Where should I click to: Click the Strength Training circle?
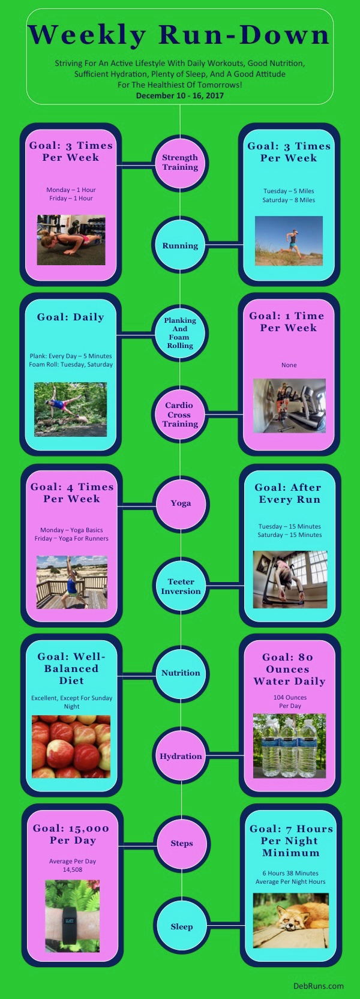click(180, 163)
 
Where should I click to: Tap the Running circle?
click(180, 245)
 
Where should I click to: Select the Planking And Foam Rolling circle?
click(180, 333)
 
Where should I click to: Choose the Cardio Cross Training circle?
click(179, 415)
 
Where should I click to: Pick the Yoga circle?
click(181, 503)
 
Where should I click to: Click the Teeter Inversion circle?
click(181, 586)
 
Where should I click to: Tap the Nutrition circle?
click(181, 673)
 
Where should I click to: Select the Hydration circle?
click(181, 756)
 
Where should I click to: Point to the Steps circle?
click(181, 844)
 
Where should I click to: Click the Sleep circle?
click(181, 926)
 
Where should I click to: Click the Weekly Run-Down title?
click(179, 35)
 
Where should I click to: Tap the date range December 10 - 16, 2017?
click(180, 95)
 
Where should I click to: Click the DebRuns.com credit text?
click(319, 986)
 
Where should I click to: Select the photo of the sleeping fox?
click(290, 920)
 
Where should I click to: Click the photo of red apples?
click(71, 746)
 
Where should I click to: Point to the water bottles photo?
click(289, 746)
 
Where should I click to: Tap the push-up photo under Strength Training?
click(71, 240)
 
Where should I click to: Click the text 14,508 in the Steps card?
click(73, 869)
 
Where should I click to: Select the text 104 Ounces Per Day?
click(290, 701)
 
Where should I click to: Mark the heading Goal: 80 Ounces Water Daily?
click(289, 669)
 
